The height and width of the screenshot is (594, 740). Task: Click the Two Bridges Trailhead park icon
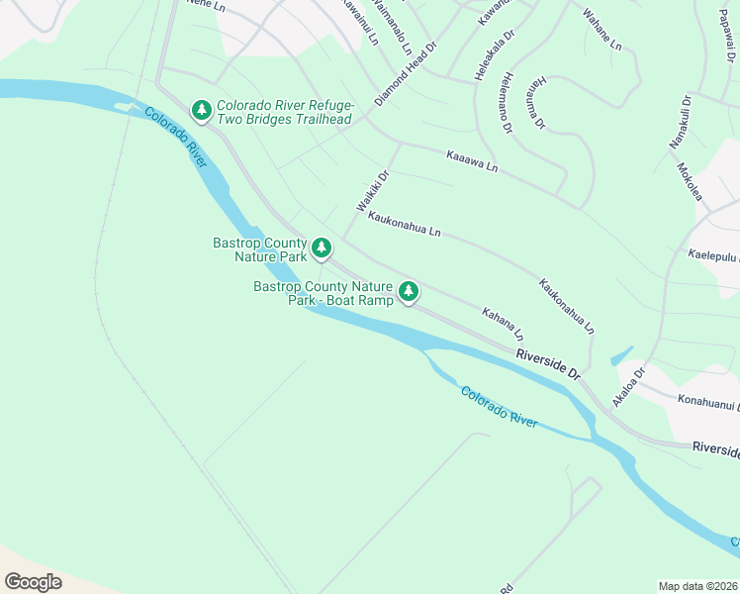[x=202, y=110]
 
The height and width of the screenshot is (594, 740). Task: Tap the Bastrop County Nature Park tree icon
[x=322, y=248]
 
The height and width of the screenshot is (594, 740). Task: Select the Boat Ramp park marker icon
[x=409, y=292]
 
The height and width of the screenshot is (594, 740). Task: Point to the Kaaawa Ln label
[x=472, y=161]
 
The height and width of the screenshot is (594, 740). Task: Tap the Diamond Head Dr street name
[x=406, y=75]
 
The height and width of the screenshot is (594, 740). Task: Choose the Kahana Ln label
[x=503, y=323]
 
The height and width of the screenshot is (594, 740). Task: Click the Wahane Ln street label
[x=601, y=30]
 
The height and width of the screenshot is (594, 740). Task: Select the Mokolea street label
[x=689, y=180]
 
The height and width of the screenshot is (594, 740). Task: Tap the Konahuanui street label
[x=707, y=404]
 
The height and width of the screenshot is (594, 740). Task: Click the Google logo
[x=33, y=582]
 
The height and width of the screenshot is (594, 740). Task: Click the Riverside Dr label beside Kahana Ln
[x=547, y=363]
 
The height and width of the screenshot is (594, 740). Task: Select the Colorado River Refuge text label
[x=285, y=104]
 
